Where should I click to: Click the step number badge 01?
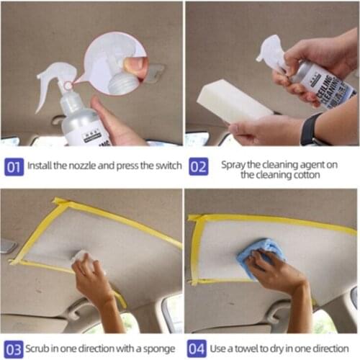coord(14,166)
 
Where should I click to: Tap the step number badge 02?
coord(198,166)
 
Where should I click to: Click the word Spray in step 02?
coord(235,163)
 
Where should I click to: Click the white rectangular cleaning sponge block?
coord(233,101)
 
